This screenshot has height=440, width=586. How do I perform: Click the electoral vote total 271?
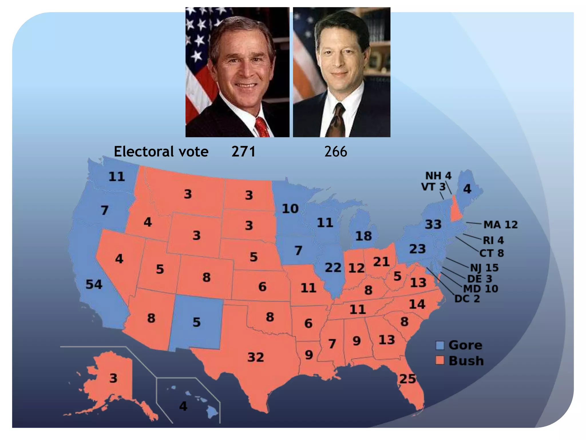pos(243,151)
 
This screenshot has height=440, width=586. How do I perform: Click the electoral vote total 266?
pos(336,151)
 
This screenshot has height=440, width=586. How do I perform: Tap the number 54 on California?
pos(94,284)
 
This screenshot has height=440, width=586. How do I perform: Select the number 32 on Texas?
pos(256,357)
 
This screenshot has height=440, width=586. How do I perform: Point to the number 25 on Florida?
pos(407,379)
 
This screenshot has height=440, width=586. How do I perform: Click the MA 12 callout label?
pos(500,225)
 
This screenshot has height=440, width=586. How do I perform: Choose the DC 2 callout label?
pos(467,299)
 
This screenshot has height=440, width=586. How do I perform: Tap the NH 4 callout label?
pos(438,175)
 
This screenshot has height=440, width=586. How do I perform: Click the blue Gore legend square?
pos(440,345)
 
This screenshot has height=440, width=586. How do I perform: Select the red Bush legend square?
pos(440,360)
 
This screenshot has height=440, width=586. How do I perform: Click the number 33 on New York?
pos(433,224)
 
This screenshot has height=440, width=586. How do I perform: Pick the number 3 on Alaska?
pos(113,378)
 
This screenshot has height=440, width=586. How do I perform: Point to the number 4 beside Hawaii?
pos(183,406)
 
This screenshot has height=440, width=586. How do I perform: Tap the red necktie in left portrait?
pos(262,127)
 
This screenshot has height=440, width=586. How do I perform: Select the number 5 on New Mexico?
pos(196,322)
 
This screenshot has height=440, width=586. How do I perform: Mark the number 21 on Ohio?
pos(381,262)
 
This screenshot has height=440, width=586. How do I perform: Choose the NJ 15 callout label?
pos(484,268)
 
